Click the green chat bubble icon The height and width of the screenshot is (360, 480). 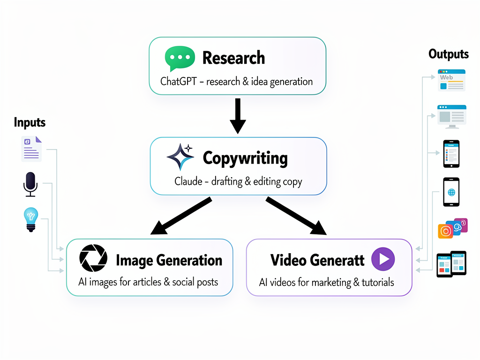[x=180, y=59]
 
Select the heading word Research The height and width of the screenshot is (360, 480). [x=233, y=58]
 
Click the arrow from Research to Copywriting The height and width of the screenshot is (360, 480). [x=238, y=115]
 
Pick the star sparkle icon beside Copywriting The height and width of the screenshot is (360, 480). [x=180, y=157]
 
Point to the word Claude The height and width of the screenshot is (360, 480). [x=188, y=181]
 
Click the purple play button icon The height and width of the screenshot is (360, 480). [x=383, y=259]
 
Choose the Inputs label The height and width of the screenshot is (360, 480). [x=30, y=123]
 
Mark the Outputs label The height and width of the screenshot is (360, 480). [x=449, y=54]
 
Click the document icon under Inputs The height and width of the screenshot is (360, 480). [x=31, y=149]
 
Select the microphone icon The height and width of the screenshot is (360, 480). [x=30, y=184]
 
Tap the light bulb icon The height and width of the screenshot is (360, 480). [x=30, y=219]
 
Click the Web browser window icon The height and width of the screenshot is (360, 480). [x=451, y=80]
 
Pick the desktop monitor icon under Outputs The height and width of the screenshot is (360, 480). [x=451, y=116]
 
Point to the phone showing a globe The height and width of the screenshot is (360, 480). [x=451, y=192]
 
